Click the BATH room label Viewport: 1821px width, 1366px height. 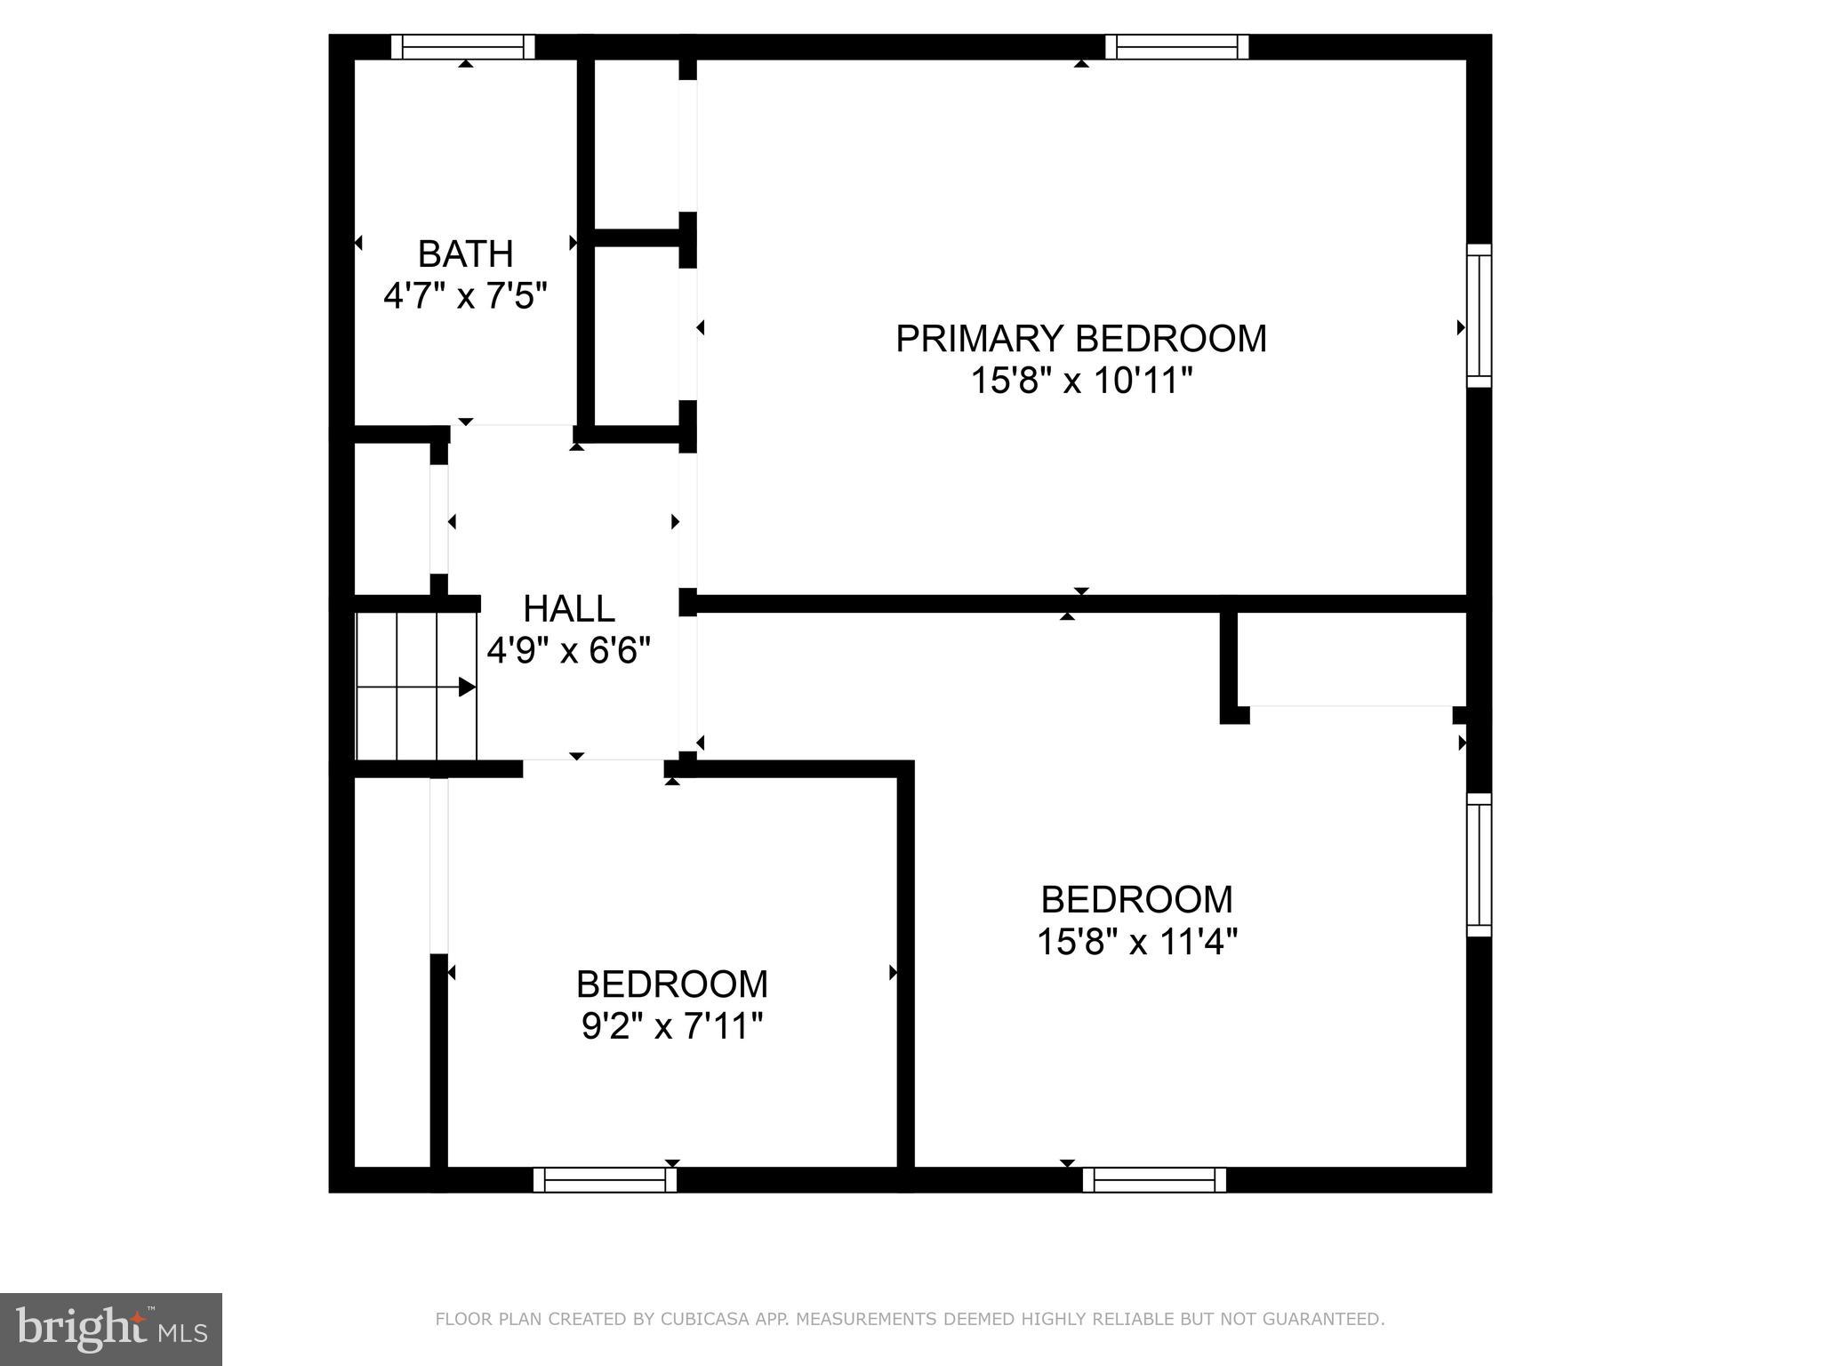[x=465, y=254]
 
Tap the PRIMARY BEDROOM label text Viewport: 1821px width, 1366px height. [x=1080, y=339]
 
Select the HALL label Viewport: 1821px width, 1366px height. [x=569, y=609]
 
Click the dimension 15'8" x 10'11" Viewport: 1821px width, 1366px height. [x=1080, y=382]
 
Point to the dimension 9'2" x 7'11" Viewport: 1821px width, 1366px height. [x=672, y=1027]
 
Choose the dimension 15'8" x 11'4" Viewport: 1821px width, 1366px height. [x=1137, y=942]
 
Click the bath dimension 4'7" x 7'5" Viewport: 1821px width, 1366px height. [x=465, y=296]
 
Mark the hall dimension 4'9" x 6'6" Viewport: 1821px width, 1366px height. [x=569, y=651]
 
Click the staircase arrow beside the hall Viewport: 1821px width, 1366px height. [x=466, y=687]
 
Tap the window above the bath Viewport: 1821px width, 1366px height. [x=463, y=46]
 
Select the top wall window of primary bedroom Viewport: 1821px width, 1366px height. [x=1176, y=46]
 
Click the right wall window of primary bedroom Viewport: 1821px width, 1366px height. [x=1479, y=316]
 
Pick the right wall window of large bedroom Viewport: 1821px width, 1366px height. [x=1479, y=864]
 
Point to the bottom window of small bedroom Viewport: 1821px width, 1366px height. [x=605, y=1180]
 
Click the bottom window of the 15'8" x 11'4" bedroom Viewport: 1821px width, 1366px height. [x=1154, y=1180]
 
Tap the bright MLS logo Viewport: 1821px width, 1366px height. [x=110, y=1329]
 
